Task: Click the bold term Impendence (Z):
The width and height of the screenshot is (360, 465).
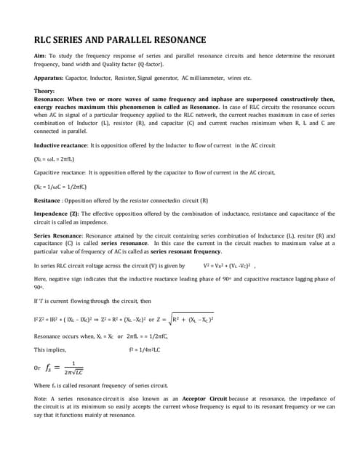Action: click(x=60, y=214)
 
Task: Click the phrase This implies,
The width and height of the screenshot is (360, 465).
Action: click(x=51, y=349)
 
